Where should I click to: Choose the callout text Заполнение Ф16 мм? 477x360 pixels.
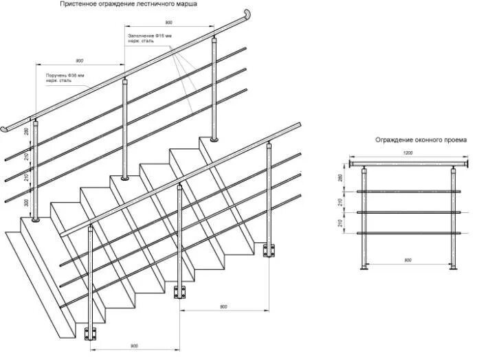(x=148, y=35)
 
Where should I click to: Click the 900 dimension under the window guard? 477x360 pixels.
(x=408, y=260)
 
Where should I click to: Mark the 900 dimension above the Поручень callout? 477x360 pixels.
(x=79, y=60)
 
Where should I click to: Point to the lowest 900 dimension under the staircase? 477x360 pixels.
(x=135, y=346)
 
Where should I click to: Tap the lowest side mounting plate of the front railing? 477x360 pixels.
(x=89, y=334)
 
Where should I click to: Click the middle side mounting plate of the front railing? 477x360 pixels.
(x=180, y=292)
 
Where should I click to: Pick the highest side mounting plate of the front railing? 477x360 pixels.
(x=269, y=249)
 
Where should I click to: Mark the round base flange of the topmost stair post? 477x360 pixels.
(x=215, y=139)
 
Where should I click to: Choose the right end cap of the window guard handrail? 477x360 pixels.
(x=469, y=164)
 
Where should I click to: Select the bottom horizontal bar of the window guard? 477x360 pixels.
(x=409, y=234)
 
